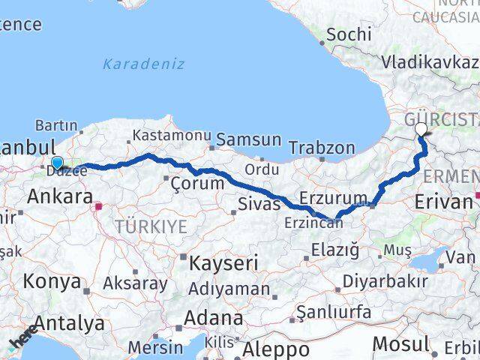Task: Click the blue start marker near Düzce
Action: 57,162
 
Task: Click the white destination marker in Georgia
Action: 421,130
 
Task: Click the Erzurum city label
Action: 333,198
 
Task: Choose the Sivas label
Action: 258,202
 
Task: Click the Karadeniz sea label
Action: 143,64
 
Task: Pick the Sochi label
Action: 349,34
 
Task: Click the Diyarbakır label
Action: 379,282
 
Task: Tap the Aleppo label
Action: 276,349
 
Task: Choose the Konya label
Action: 52,281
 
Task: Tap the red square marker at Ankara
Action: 99,202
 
